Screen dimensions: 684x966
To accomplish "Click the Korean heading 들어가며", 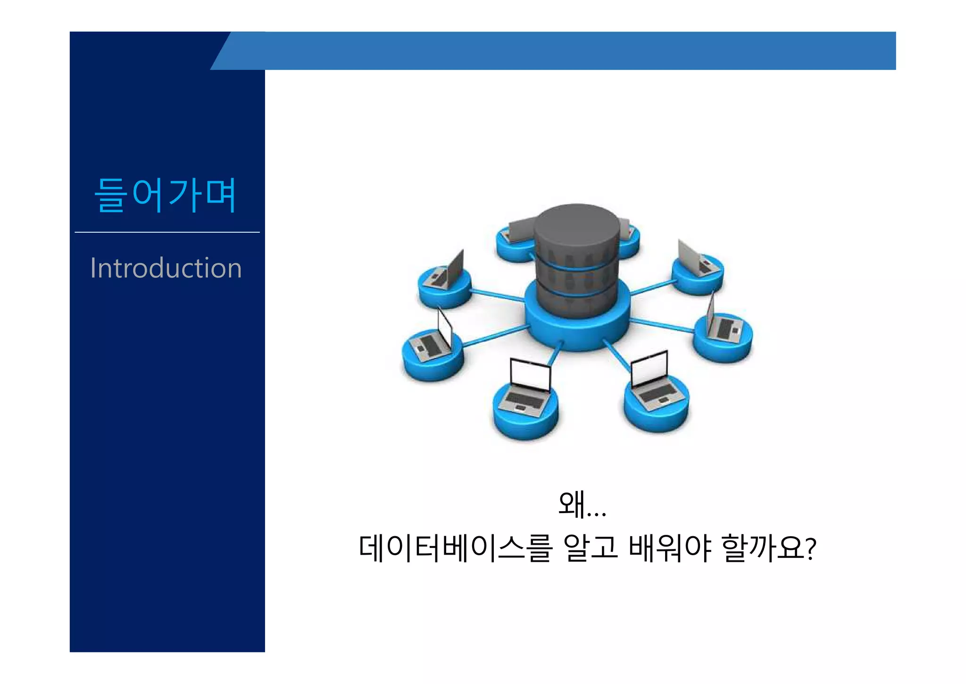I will point(165,195).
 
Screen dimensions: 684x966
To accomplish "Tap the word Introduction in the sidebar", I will point(166,268).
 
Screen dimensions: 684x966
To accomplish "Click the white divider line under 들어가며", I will point(167,232).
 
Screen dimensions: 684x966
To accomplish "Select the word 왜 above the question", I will point(572,504).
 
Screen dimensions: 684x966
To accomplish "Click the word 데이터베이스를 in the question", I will point(455,549).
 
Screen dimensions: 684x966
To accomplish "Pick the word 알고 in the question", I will point(590,549).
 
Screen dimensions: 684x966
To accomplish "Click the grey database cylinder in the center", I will point(576,255).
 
